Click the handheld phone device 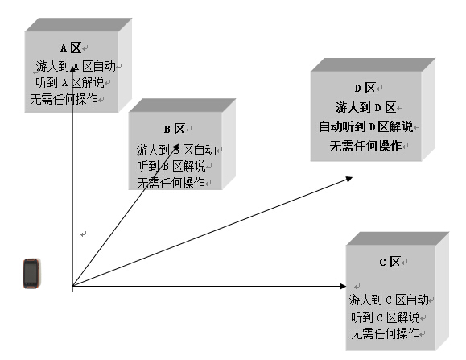[31, 274]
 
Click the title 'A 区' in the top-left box [71, 48]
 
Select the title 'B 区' [175, 130]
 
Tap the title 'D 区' [365, 89]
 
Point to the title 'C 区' [390, 263]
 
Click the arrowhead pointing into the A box [72, 69]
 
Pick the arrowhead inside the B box [175, 147]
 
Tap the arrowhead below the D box [348, 180]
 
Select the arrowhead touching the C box [343, 286]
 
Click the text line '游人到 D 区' [366, 107]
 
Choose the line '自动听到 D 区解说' [366, 126]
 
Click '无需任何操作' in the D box [365, 146]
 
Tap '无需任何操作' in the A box [64, 99]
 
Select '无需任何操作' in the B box [171, 183]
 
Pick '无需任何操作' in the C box [385, 333]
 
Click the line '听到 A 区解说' [69, 82]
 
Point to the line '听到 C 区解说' [386, 317]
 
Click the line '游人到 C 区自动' [389, 300]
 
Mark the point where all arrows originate [72, 286]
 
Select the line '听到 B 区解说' [171, 166]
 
